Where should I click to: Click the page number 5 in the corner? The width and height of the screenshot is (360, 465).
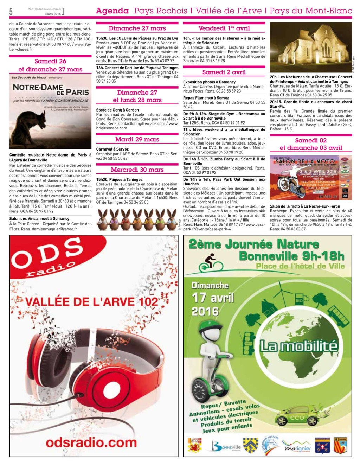(x=11, y=12)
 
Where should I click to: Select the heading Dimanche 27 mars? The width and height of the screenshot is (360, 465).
(x=137, y=28)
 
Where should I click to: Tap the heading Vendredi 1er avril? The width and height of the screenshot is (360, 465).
(x=224, y=28)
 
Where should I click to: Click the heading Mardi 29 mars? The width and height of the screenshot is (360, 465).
(x=137, y=139)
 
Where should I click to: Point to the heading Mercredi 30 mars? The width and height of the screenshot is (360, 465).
(x=137, y=170)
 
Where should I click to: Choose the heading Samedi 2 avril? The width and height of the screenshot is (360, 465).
(x=224, y=72)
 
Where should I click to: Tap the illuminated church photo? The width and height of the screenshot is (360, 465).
(x=311, y=47)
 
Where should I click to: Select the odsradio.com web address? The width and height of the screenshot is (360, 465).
(x=91, y=442)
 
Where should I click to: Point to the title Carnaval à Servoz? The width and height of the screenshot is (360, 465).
(x=112, y=149)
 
